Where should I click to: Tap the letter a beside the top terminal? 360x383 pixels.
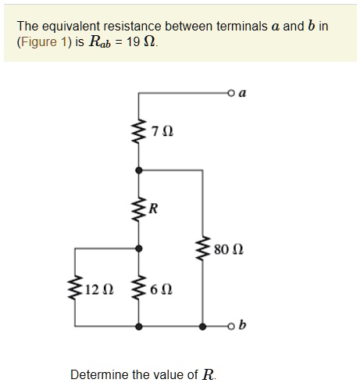click(x=242, y=93)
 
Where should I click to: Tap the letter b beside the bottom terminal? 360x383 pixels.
click(x=242, y=324)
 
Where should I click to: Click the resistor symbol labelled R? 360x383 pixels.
click(x=139, y=208)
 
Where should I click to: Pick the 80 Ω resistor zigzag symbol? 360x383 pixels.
click(x=203, y=249)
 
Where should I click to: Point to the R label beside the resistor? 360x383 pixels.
click(x=153, y=208)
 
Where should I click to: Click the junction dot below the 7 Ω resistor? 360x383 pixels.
click(x=139, y=170)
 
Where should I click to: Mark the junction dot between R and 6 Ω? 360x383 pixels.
click(x=139, y=248)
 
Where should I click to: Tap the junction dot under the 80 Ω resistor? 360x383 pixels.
click(x=203, y=324)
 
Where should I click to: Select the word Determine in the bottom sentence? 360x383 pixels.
click(x=98, y=374)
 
